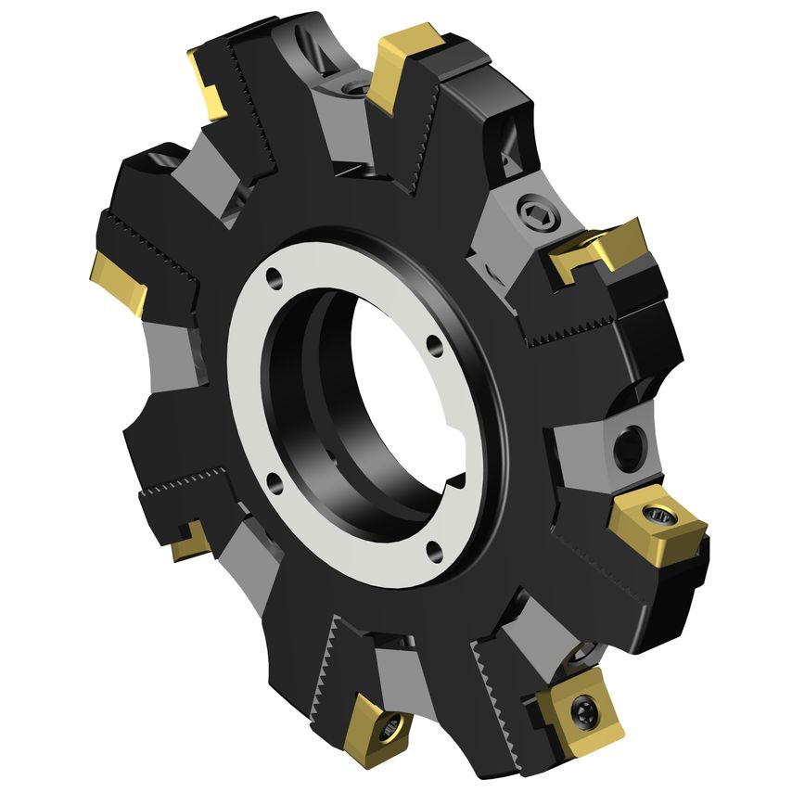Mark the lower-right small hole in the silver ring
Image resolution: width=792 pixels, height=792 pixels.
[434, 554]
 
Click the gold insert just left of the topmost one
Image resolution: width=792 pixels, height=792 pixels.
[208, 85]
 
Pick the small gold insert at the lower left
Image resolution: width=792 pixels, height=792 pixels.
[190, 540]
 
